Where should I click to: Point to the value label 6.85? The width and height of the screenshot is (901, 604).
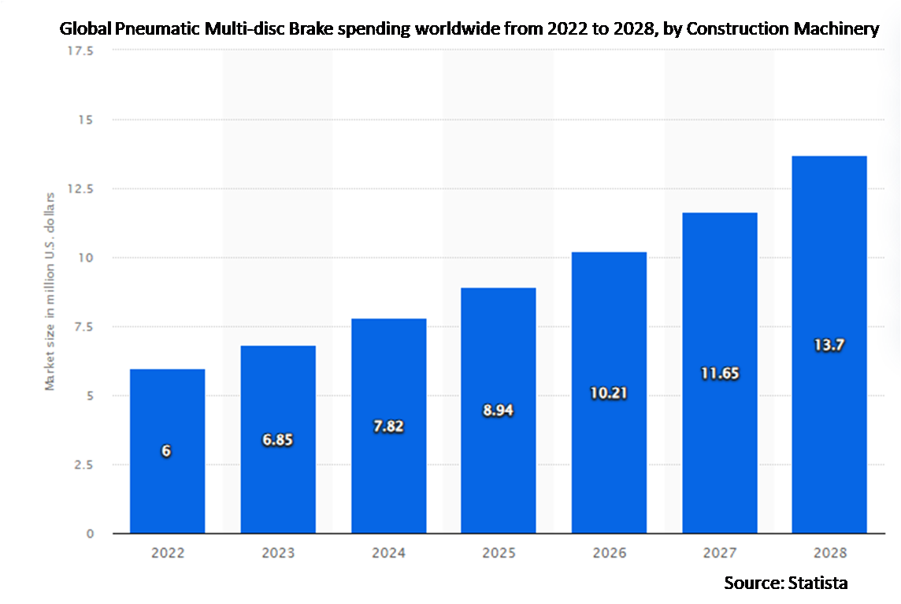[x=277, y=440]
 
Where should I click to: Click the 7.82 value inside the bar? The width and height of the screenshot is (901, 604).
[x=387, y=426]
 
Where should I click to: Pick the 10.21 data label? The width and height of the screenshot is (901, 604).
[x=608, y=393]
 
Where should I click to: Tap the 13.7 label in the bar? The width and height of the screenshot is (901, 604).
[x=829, y=345]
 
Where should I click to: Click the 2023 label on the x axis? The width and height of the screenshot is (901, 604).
[x=277, y=554]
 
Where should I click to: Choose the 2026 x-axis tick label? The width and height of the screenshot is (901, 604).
[x=608, y=554]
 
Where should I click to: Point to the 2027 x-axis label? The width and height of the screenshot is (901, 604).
[x=719, y=554]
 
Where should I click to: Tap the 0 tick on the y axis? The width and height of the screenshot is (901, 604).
[x=91, y=534]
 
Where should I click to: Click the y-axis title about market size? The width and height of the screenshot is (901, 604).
[x=50, y=290]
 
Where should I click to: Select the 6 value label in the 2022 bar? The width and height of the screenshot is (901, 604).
[x=167, y=451]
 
